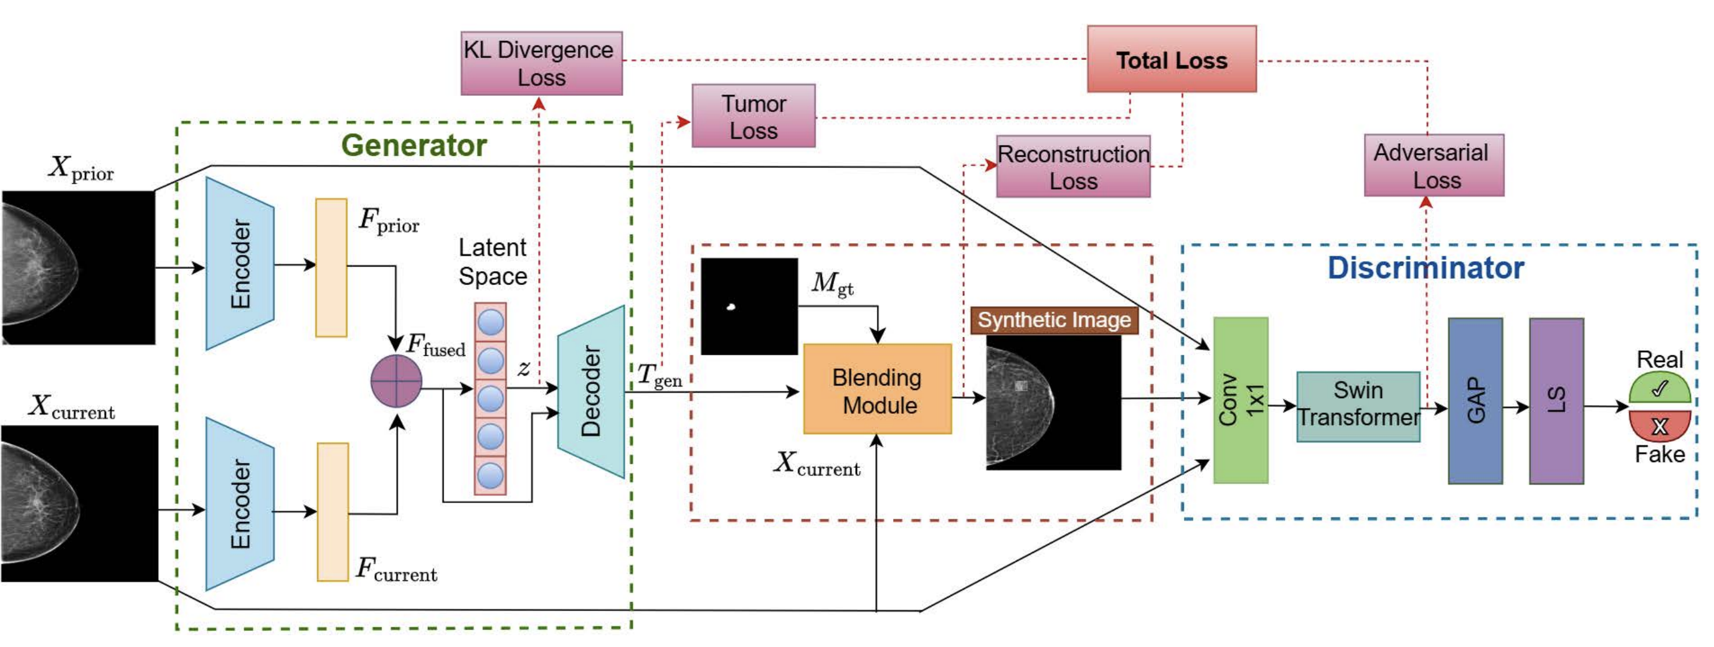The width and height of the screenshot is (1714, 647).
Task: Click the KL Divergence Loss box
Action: [x=541, y=63]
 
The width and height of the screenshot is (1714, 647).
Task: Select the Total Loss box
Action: [x=1171, y=60]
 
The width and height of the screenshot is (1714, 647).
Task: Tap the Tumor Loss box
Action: [x=752, y=116]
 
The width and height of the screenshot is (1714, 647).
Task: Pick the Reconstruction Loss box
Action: [x=1072, y=166]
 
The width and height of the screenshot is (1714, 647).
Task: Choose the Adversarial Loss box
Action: [x=1433, y=165]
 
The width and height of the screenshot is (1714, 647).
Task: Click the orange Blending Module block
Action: [x=876, y=389]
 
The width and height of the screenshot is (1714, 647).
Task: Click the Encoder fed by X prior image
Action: [x=240, y=263]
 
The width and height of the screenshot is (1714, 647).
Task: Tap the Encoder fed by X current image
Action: [x=240, y=503]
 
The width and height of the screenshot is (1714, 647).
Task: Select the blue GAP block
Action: [x=1474, y=400]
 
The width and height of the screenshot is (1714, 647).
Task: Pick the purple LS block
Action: [x=1556, y=400]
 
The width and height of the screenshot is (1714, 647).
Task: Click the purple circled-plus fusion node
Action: [x=396, y=381]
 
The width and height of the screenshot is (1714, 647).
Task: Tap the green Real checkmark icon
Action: [x=1659, y=388]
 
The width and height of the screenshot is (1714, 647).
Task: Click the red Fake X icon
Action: [x=1659, y=425]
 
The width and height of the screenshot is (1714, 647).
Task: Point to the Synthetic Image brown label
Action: [x=1053, y=320]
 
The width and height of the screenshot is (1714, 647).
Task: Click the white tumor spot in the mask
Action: [x=731, y=307]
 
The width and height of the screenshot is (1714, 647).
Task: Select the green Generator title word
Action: [x=413, y=145]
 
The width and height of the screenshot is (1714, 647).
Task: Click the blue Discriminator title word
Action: [x=1425, y=268]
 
